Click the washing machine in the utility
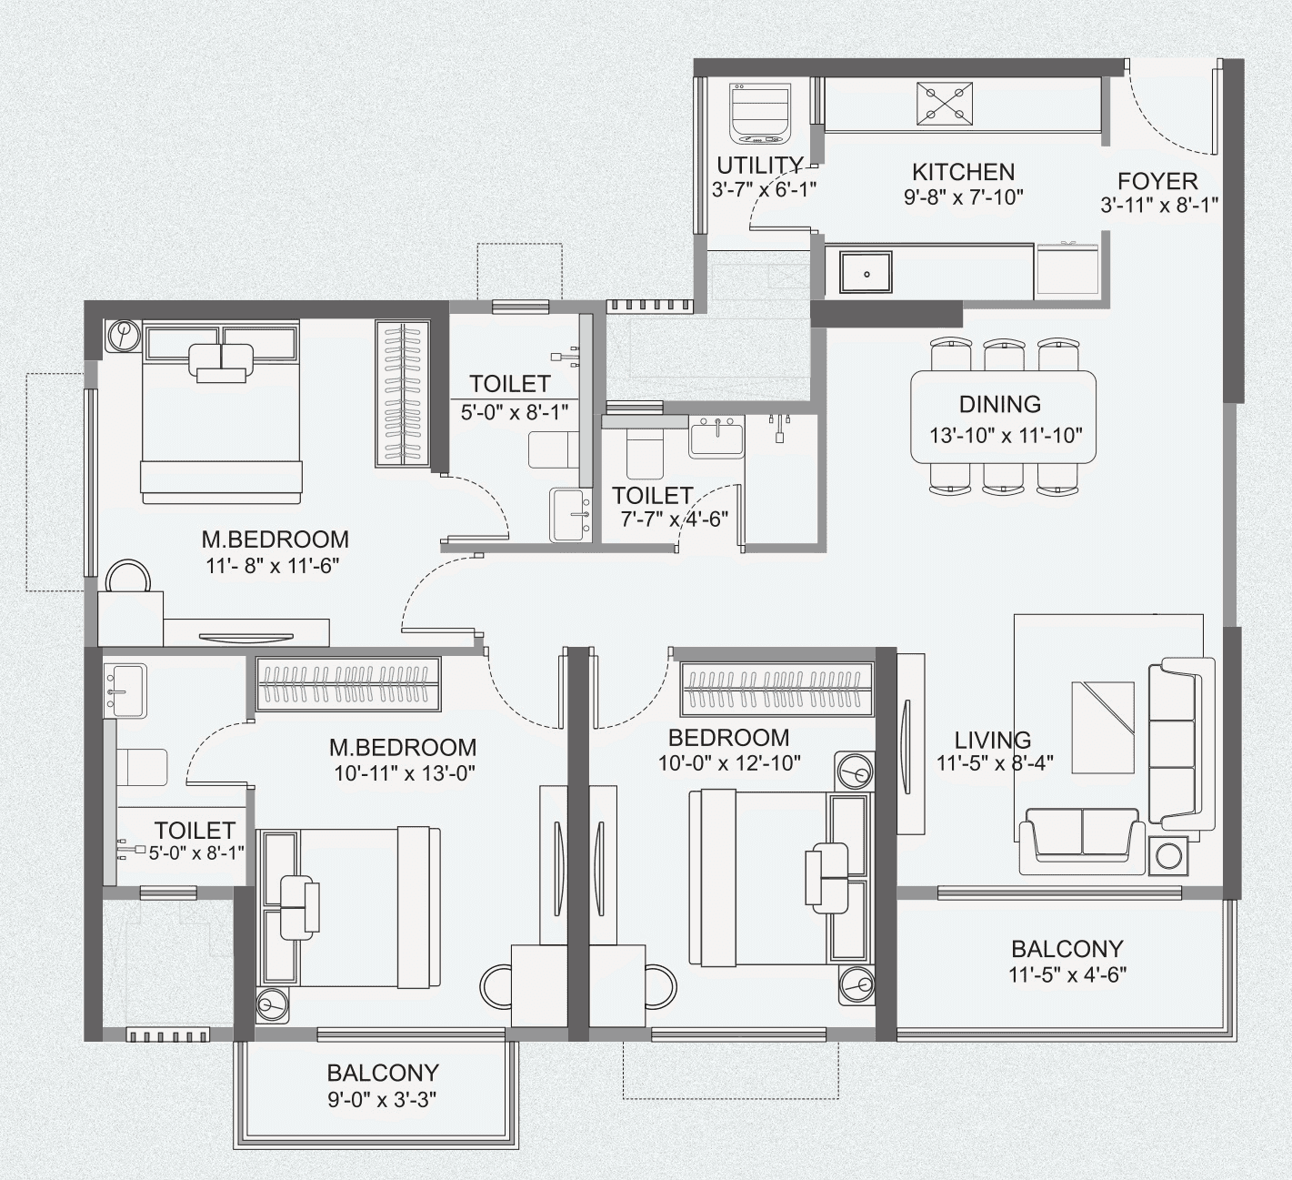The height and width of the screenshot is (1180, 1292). [760, 113]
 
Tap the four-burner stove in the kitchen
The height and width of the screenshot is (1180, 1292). [944, 103]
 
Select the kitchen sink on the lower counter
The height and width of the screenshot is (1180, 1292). [865, 273]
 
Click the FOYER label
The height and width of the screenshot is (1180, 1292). [1157, 180]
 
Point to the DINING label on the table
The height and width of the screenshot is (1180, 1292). [1000, 404]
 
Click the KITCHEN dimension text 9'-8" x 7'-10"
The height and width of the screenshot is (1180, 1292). [963, 196]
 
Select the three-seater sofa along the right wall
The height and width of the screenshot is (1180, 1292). [1180, 743]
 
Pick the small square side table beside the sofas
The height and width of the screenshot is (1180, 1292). [1167, 856]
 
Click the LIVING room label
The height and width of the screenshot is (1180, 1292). [993, 740]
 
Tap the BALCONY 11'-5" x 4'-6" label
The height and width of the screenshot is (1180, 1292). [1067, 961]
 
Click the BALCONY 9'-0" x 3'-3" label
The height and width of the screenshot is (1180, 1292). [382, 1084]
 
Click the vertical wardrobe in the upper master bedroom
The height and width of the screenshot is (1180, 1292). [401, 393]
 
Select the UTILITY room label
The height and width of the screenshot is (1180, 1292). [760, 166]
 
